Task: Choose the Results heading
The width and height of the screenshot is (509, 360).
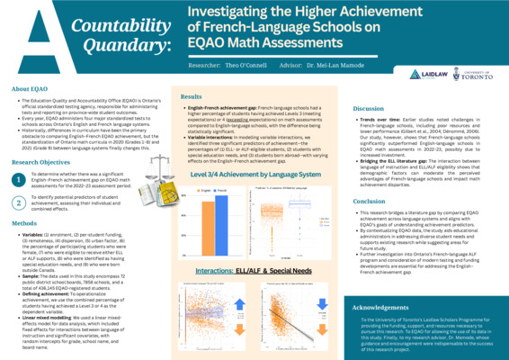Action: coord(192,95)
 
